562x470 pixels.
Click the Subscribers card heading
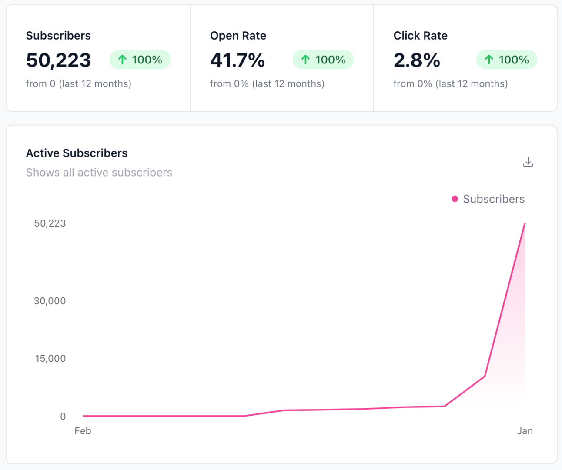[58, 36]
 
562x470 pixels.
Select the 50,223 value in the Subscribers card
[58, 60]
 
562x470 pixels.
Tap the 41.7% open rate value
[237, 60]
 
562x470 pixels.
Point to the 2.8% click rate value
[416, 60]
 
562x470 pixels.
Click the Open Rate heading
[238, 36]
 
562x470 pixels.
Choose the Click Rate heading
[420, 36]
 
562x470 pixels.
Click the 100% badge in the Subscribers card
[140, 60]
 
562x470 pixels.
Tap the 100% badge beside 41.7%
[323, 60]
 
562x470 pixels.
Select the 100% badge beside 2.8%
[506, 60]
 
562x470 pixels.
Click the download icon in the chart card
[528, 162]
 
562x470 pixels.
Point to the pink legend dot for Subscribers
[455, 199]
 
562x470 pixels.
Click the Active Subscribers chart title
[77, 153]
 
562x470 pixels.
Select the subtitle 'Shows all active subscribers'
[99, 173]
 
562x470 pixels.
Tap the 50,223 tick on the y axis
[50, 223]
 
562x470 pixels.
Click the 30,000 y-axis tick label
[50, 301]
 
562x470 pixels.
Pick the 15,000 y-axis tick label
[50, 359]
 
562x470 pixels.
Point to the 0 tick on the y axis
[63, 417]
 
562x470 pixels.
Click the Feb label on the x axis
[83, 431]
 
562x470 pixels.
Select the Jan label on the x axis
[525, 431]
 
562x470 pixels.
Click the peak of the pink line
[525, 224]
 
